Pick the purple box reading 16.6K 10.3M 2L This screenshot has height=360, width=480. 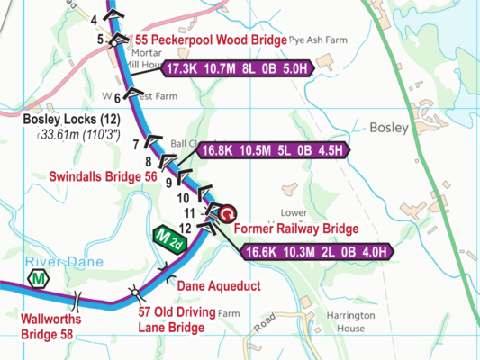pos(320,251)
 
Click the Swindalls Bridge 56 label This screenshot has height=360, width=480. pos(102,177)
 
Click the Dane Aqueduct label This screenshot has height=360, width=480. pos(218,286)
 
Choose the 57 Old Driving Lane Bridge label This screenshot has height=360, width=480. pos(177,319)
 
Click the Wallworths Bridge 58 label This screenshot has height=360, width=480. pos(50,327)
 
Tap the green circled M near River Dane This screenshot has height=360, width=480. pos(39,280)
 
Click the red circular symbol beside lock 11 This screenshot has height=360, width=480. pos(228,212)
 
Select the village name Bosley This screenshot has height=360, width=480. pos(389,128)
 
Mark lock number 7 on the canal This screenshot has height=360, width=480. pos(137,144)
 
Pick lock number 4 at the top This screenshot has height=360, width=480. pos(95,18)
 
